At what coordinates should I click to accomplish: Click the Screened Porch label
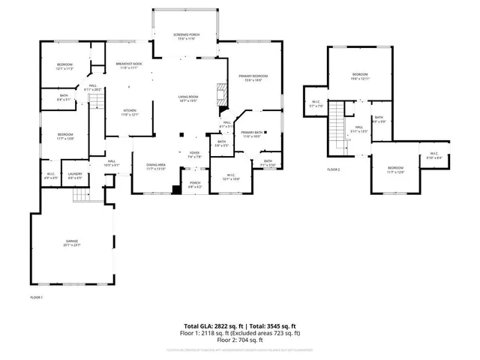pos(185,37)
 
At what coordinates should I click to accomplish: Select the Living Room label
pos(187,98)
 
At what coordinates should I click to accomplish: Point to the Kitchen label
pos(130,112)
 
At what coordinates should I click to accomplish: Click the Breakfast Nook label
pos(129,66)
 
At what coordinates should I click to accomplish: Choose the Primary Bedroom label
pos(253,78)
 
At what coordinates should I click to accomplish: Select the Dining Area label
pos(155,166)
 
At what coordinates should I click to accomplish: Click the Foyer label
pos(194,155)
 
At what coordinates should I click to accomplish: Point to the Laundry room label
pos(75,176)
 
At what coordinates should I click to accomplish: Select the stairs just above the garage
pos(81,195)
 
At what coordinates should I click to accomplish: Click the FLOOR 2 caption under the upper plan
pos(333,170)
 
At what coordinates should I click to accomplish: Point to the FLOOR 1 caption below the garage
pos(36,298)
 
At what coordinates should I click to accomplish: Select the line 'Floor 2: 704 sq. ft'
pos(239,340)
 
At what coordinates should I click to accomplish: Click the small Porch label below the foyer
pos(195,184)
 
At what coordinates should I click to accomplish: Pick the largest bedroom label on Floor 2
pos(360,76)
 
